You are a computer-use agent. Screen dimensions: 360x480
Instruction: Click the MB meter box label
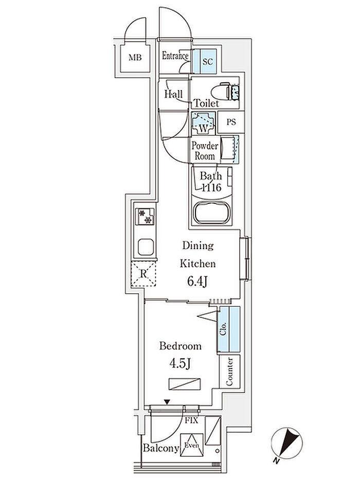(135, 57)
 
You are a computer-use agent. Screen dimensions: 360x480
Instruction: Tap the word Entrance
(175, 56)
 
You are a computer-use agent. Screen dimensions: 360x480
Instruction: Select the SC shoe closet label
(207, 62)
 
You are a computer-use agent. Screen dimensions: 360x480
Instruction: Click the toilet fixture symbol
(225, 91)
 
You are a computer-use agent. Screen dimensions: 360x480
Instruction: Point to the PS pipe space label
(231, 122)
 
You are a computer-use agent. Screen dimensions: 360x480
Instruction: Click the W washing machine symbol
(204, 123)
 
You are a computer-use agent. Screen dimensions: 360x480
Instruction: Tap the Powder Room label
(205, 151)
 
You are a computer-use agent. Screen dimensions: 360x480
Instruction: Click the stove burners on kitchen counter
(146, 217)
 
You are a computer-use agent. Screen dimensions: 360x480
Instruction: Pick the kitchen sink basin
(146, 247)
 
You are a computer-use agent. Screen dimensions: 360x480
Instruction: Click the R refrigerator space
(143, 274)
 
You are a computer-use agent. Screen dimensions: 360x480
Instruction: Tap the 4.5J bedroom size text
(180, 364)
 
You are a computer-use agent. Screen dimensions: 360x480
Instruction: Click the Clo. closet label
(223, 329)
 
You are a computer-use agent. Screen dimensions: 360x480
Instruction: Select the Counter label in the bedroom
(229, 371)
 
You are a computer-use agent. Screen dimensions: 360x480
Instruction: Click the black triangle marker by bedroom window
(167, 402)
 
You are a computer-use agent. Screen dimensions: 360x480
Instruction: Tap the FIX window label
(191, 421)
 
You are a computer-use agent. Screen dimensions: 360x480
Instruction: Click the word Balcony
(160, 448)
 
